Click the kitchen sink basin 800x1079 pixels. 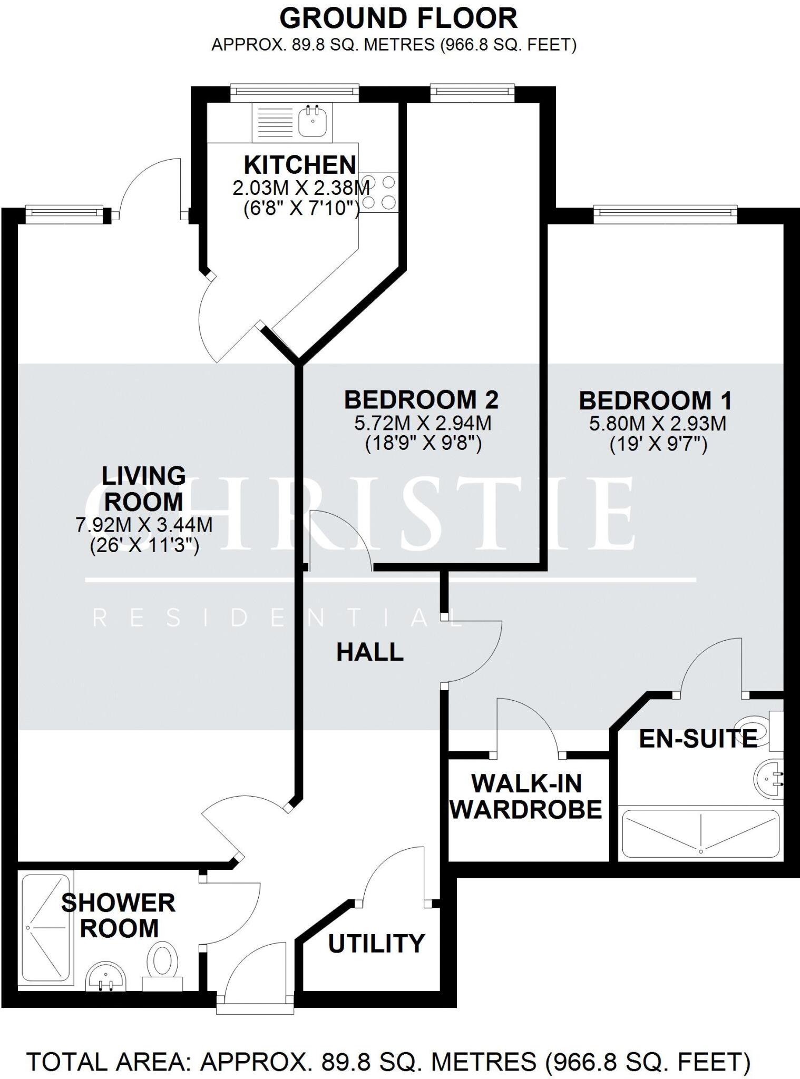tap(313, 122)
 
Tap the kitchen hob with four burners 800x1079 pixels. tap(379, 192)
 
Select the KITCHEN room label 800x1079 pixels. tap(300, 165)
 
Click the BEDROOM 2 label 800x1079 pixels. tap(421, 400)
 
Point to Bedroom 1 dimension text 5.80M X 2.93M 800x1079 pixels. tap(657, 424)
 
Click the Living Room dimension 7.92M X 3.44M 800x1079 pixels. tap(144, 525)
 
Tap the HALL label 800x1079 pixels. tap(370, 653)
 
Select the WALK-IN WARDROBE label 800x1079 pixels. tap(526, 797)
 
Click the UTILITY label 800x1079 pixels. tap(376, 944)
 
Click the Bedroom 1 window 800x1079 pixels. tap(665, 212)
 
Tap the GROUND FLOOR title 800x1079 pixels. tap(398, 19)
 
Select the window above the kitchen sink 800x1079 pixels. tap(295, 92)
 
